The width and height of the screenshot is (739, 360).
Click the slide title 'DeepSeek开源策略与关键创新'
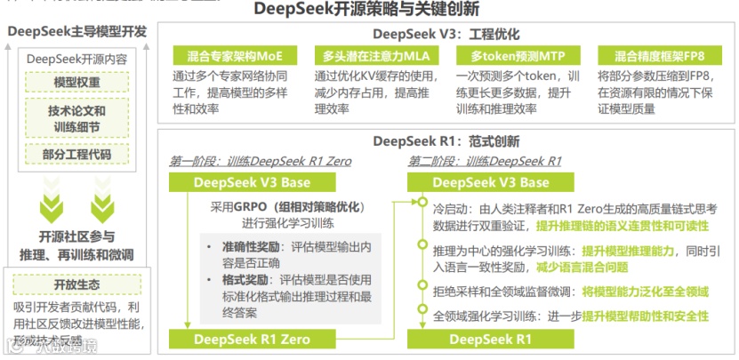365,10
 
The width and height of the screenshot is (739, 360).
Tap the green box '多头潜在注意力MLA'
367,55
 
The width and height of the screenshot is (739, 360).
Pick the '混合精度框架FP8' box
653,55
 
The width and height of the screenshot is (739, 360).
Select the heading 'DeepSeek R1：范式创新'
446,141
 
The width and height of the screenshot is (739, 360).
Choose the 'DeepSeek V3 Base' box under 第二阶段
491,182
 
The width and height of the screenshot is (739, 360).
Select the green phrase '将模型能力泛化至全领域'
646,291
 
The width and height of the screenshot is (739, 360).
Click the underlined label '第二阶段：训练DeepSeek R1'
485,161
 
